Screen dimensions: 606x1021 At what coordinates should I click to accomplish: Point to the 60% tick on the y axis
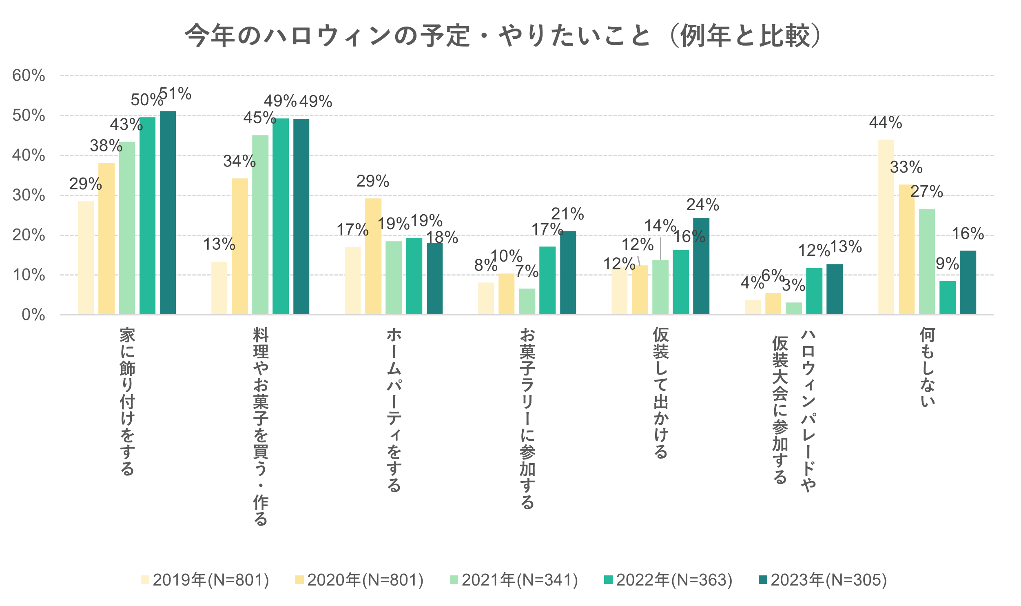point(29,75)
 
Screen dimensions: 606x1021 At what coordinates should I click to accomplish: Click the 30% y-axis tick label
point(29,195)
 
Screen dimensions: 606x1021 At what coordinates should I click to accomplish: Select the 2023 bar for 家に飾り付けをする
point(168,212)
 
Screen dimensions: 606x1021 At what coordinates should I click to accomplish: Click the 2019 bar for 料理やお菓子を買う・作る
point(219,288)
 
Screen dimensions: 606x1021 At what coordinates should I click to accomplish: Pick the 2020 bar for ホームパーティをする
point(373,256)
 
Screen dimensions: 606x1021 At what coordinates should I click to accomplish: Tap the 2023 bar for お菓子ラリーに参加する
point(568,273)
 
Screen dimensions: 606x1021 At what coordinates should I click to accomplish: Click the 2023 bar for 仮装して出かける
point(701,266)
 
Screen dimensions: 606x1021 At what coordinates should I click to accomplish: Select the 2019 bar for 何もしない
point(886,227)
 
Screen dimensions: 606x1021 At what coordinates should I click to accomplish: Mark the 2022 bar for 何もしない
point(947,297)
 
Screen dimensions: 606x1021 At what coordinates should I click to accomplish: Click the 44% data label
point(885,122)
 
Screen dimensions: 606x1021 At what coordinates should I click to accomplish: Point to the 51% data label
point(175,94)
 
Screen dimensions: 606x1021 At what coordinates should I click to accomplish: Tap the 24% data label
point(702,204)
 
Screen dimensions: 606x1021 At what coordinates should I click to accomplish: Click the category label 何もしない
point(927,368)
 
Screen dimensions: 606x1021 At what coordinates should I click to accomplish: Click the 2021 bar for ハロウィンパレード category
point(793,309)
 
